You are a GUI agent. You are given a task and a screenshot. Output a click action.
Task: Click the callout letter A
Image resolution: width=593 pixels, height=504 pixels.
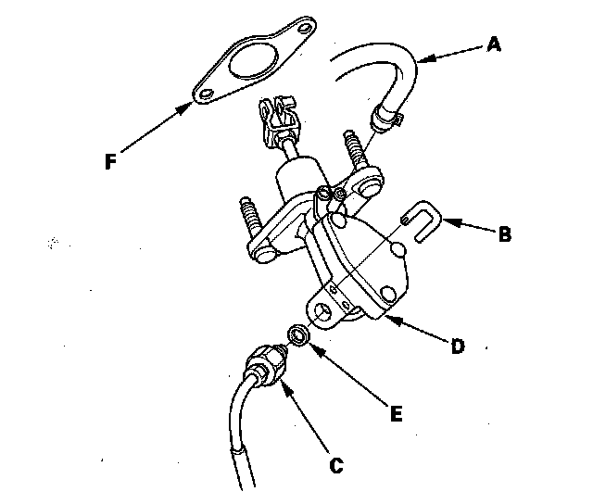coord(494,44)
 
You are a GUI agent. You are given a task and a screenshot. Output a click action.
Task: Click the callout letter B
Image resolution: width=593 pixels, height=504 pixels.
coord(505,234)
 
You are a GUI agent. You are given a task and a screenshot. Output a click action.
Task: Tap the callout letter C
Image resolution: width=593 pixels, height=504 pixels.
coord(336,466)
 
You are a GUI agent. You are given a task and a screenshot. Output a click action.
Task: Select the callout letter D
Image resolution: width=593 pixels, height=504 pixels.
coord(458,346)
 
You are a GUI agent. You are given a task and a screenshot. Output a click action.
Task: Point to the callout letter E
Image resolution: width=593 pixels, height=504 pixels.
coord(396,413)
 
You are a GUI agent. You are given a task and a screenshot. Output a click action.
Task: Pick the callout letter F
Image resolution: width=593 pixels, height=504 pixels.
coord(110,161)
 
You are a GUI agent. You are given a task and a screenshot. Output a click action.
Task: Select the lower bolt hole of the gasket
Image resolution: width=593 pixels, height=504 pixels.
coord(207,94)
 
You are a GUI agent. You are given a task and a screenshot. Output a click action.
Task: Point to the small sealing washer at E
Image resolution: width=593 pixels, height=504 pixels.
coord(298,335)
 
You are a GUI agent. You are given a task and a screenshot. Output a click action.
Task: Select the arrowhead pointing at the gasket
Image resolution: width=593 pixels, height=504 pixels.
coord(184,109)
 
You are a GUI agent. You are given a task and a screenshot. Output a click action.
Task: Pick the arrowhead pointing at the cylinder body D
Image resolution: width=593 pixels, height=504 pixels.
coord(392,321)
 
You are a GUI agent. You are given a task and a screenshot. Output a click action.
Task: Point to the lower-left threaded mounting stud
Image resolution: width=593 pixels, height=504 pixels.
coord(252,217)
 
